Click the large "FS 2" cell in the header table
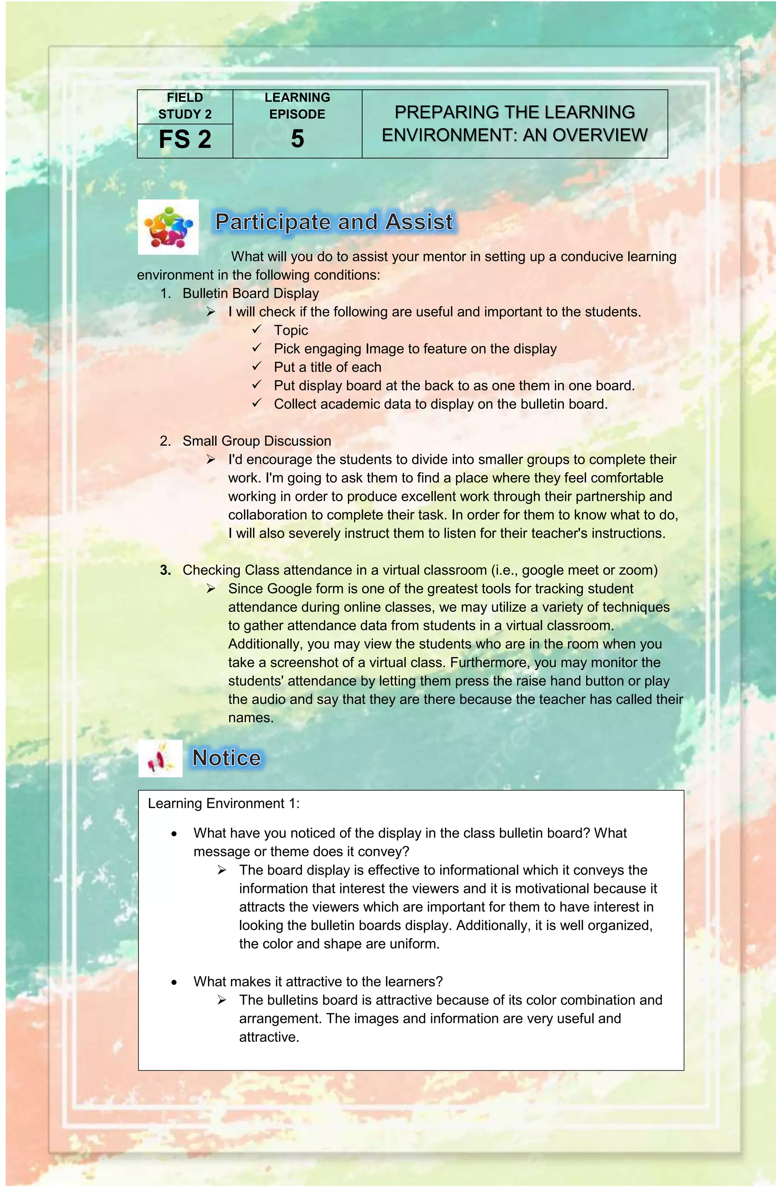click(185, 139)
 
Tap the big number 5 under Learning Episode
click(297, 139)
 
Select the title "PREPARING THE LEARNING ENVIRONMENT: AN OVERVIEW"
click(514, 124)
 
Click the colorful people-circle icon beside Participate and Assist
click(168, 227)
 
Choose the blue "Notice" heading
click(227, 758)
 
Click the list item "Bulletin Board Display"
click(250, 293)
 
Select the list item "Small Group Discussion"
click(257, 441)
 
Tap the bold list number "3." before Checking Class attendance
click(166, 570)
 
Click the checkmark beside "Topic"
click(257, 329)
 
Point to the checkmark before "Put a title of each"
click(257, 366)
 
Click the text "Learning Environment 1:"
click(224, 803)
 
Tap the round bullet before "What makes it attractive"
click(174, 982)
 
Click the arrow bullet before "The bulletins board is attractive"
click(222, 1000)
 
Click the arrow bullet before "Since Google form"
click(211, 589)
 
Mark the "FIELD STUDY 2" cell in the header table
click(185, 106)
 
